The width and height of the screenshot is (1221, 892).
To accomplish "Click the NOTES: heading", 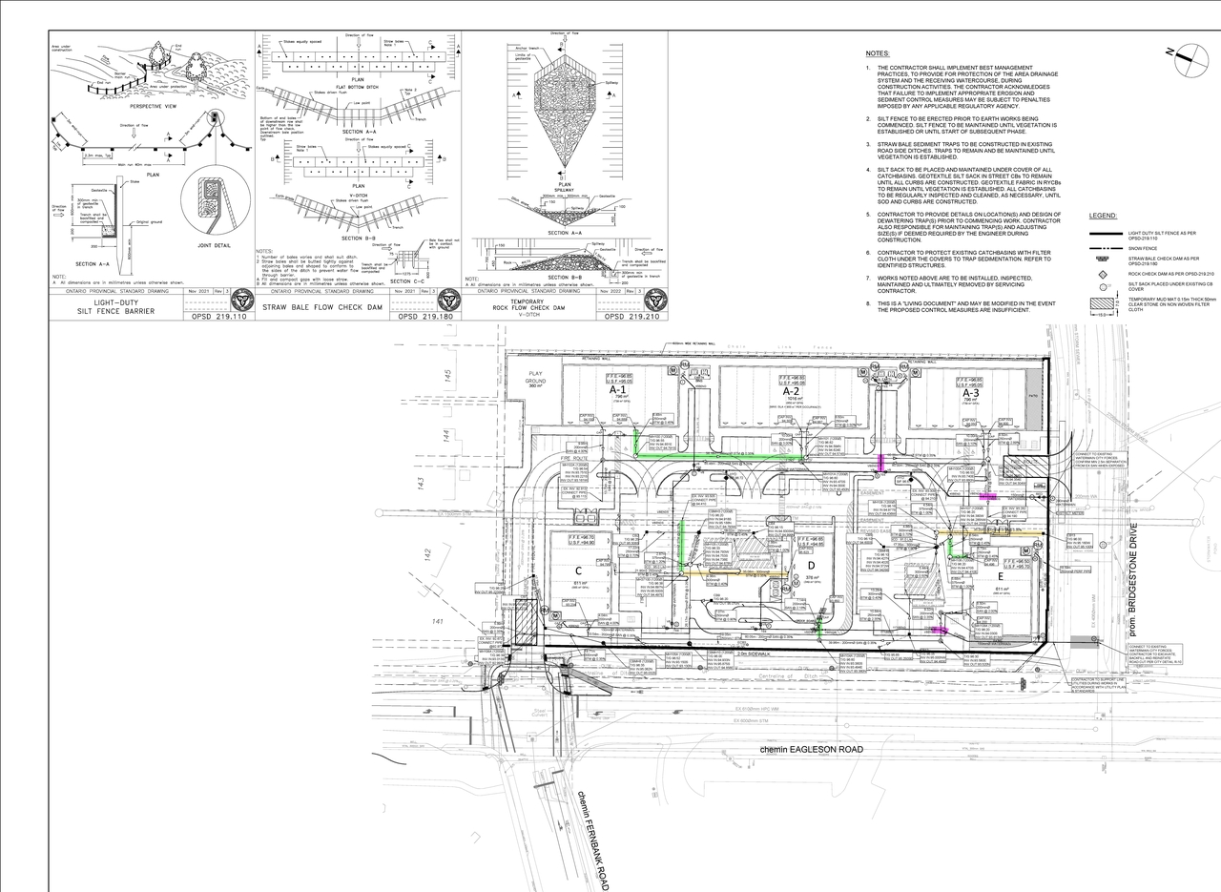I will point(878,53).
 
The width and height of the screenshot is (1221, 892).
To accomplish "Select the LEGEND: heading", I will point(1103,217).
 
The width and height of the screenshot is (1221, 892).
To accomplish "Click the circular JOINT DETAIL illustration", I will point(213,215).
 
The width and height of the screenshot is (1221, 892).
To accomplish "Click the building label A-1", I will point(616,390).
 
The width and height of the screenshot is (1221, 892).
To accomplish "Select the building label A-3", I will point(970,392).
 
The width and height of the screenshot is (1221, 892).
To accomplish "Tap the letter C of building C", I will point(578,570).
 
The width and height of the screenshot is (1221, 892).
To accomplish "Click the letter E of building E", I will point(1000,577).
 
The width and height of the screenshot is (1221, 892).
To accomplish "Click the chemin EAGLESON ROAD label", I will point(811,749).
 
